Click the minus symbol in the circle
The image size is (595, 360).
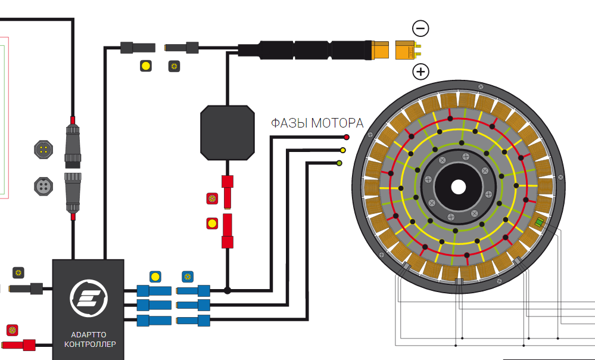420,28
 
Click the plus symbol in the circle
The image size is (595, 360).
420,72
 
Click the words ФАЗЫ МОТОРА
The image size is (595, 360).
317,124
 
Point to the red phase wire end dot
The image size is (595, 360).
346,137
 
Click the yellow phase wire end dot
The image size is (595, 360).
342,150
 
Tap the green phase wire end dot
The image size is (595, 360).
339,163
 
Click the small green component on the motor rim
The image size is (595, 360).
540,222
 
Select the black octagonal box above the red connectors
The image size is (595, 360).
227,132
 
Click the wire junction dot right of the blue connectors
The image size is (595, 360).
228,290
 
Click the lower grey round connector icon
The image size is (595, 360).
44,185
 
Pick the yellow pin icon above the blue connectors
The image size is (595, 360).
155,277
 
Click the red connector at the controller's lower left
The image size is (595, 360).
26,344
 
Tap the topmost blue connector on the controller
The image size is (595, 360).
154,291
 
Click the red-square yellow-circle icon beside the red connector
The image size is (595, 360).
212,224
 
